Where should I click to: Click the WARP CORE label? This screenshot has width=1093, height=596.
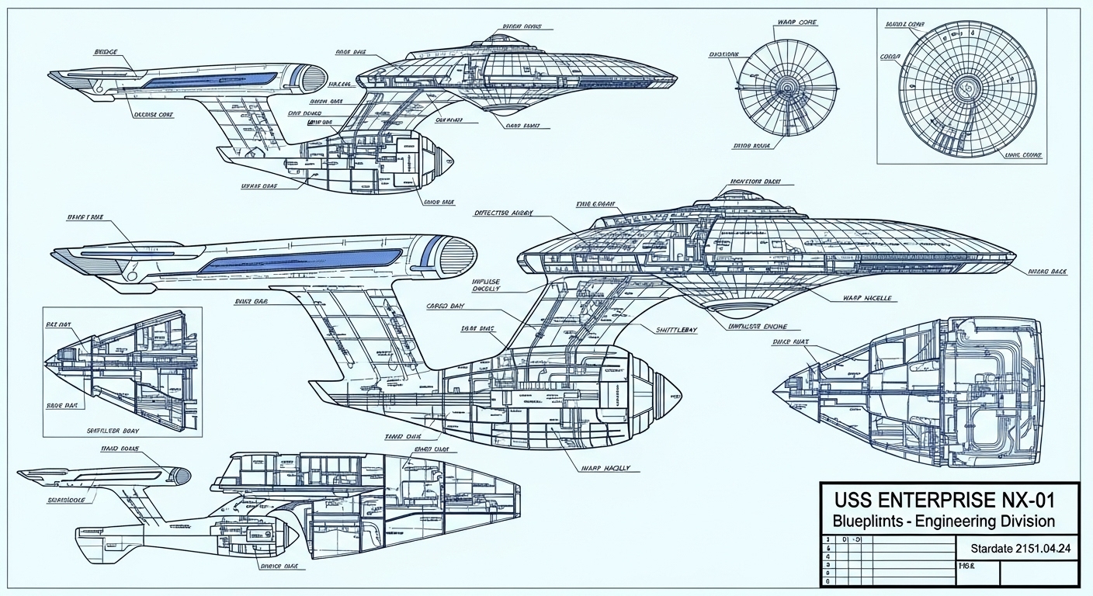tap(797, 22)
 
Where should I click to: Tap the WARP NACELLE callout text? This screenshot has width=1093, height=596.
tap(866, 298)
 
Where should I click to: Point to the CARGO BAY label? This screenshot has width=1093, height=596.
tap(446, 306)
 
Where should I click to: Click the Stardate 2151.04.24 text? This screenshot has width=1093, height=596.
tap(1021, 549)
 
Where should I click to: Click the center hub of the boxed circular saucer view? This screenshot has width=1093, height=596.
tap(967, 85)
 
